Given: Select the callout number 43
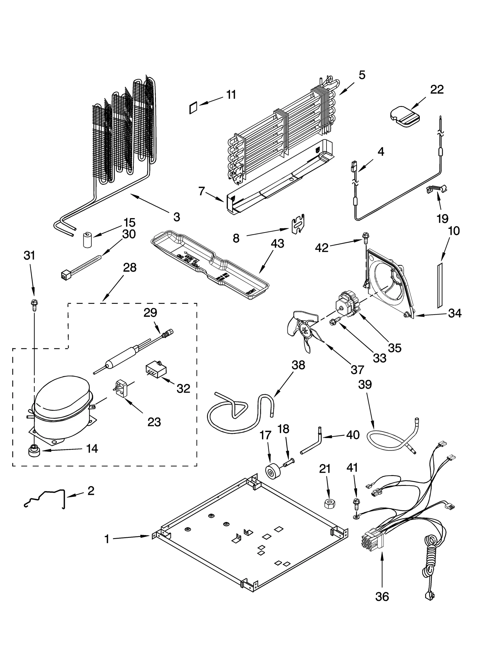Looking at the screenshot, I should point(277,244).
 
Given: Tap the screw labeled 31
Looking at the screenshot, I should point(34,304).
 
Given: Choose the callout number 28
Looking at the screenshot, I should point(130,268).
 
